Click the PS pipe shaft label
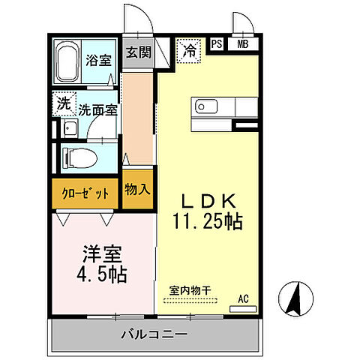pyautogui.click(x=217, y=43)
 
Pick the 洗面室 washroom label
pyautogui.click(x=98, y=109)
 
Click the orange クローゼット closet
pyautogui.click(x=85, y=192)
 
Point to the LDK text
pyautogui.click(x=211, y=202)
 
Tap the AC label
pyautogui.click(x=243, y=298)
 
